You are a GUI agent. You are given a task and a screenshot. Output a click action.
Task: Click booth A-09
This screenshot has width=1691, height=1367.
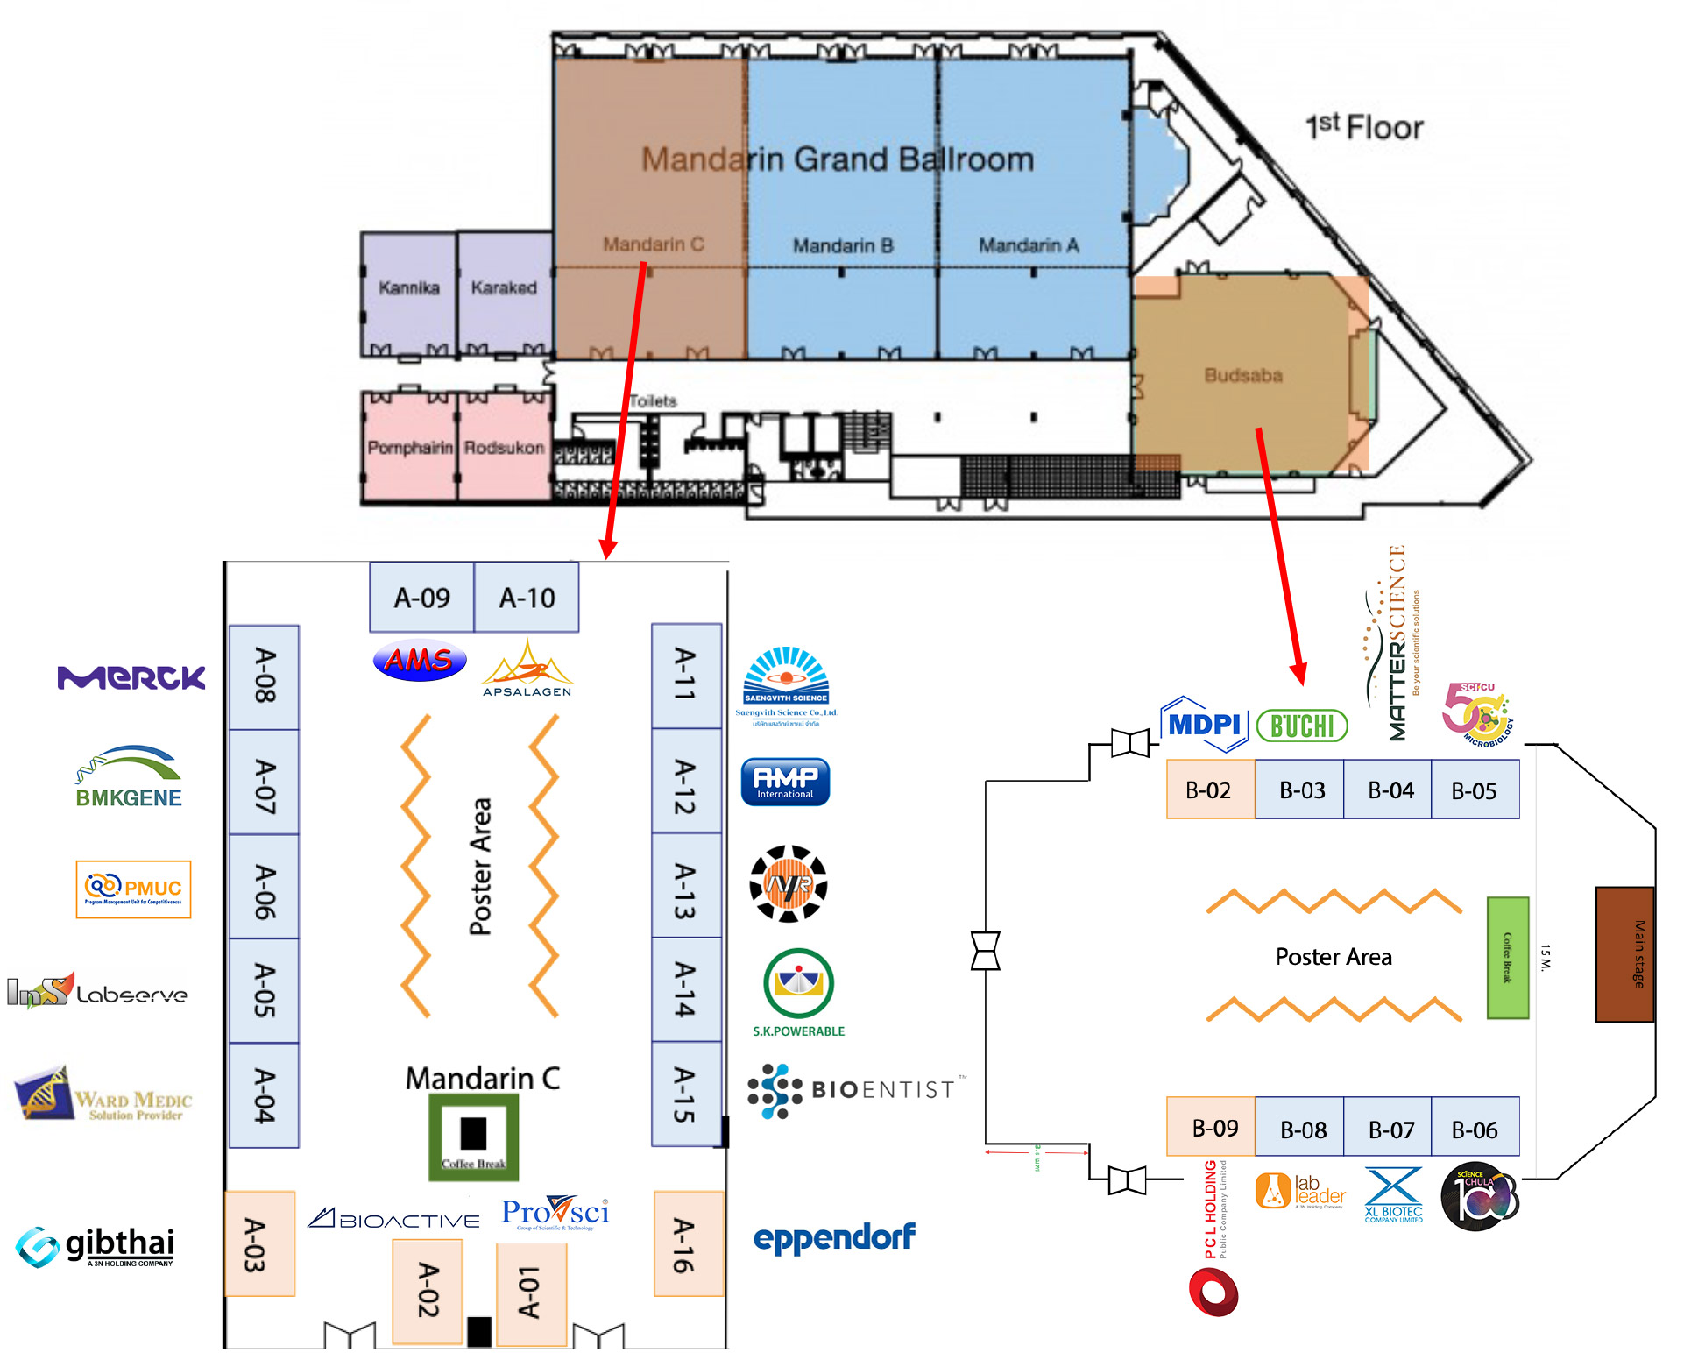pos(421,598)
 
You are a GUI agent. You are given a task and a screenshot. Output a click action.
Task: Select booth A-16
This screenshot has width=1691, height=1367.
pos(689,1243)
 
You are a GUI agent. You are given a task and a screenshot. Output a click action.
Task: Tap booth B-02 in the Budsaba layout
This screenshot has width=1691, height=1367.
pos(1209,790)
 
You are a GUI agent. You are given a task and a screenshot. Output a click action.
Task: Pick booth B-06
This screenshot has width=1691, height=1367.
pos(1475,1129)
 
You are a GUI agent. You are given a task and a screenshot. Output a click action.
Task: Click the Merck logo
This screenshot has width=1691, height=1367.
pos(131,677)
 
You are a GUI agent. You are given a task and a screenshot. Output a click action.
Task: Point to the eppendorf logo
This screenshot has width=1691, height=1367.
pos(834,1237)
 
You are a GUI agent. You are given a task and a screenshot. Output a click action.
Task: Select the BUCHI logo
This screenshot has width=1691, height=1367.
pos(1302,726)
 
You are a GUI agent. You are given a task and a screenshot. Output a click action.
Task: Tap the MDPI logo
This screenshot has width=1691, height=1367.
pos(1204,725)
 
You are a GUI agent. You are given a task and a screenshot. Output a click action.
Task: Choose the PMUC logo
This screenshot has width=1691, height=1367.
pos(133,889)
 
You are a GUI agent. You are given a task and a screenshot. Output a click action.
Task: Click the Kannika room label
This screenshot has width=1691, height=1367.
pos(408,287)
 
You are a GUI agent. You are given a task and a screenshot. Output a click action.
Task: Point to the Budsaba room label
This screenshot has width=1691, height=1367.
pos(1242,375)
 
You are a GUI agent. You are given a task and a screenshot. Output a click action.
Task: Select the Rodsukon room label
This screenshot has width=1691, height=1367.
pos(504,448)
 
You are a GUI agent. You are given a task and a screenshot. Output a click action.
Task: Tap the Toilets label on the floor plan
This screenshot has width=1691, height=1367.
pos(654,401)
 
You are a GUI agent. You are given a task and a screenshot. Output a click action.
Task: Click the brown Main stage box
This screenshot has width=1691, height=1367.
pos(1624,953)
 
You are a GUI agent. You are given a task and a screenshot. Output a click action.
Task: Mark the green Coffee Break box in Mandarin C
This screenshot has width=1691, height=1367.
pos(473,1137)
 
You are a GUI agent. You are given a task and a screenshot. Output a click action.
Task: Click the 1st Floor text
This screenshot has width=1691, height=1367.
pos(1364,127)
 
